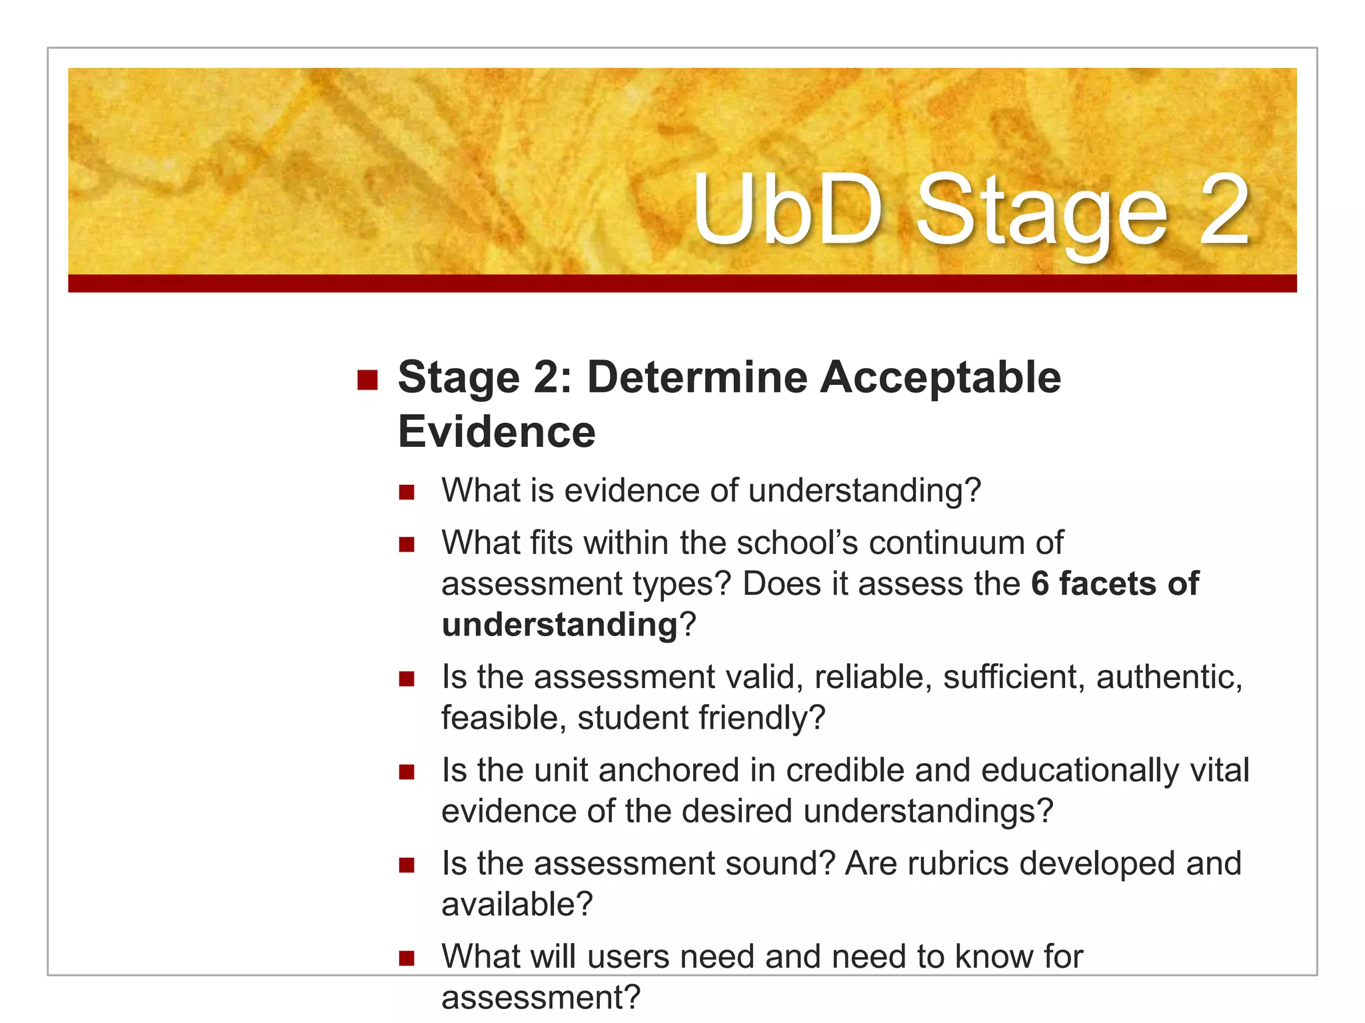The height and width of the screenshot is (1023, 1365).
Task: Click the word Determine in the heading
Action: click(696, 378)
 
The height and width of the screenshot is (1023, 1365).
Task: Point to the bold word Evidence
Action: click(497, 432)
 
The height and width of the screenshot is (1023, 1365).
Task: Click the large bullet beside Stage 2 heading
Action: click(367, 380)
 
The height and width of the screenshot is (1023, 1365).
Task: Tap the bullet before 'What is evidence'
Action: click(407, 493)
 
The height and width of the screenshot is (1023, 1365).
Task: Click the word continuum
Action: click(946, 543)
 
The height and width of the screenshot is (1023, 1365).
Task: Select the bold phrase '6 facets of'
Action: click(1114, 584)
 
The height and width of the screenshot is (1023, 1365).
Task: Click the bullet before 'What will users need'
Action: click(407, 959)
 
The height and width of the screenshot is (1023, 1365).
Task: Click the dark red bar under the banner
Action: click(682, 284)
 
